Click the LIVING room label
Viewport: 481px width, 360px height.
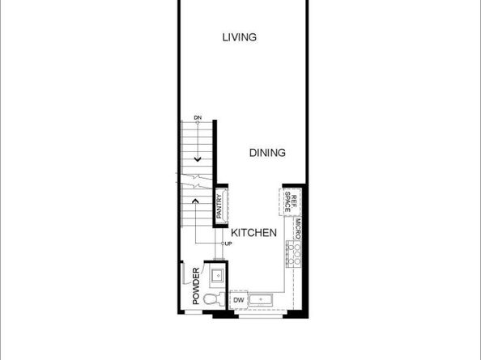pyautogui.click(x=240, y=37)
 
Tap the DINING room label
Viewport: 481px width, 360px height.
pyautogui.click(x=266, y=152)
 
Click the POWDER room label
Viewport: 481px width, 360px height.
pyautogui.click(x=195, y=286)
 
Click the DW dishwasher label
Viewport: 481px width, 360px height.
pyautogui.click(x=239, y=301)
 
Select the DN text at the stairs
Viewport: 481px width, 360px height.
pyautogui.click(x=198, y=118)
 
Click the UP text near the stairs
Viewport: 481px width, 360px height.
pyautogui.click(x=228, y=244)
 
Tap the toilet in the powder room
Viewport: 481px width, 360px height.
pyautogui.click(x=211, y=300)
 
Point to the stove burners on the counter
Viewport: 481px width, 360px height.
pyautogui.click(x=296, y=256)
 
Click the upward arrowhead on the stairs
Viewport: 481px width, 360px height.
pyautogui.click(x=198, y=199)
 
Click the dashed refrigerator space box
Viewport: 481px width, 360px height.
pyautogui.click(x=286, y=201)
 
